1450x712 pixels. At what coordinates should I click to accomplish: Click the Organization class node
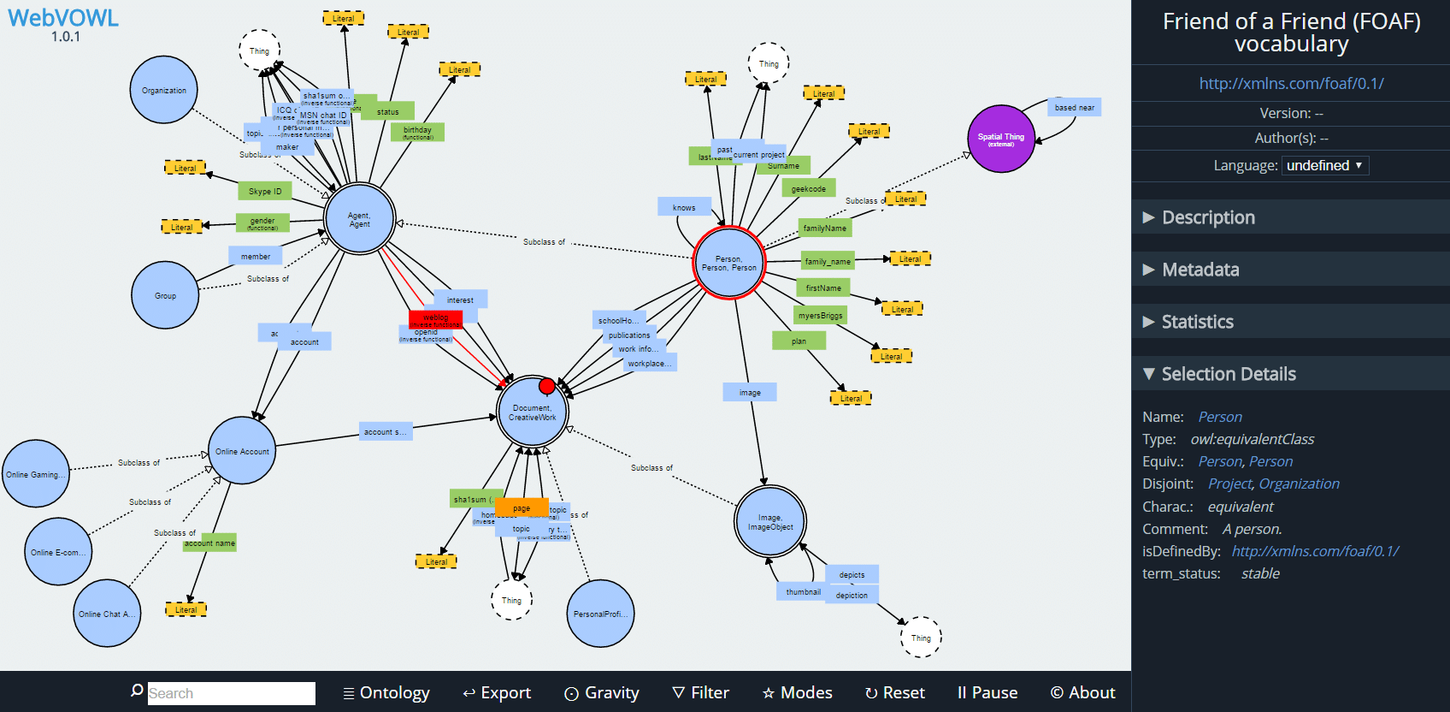[163, 90]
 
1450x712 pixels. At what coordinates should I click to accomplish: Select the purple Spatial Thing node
[1000, 139]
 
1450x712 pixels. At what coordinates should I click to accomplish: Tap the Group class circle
[165, 295]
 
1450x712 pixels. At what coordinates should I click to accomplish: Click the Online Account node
[242, 451]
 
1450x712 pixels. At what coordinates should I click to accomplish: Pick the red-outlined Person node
[729, 263]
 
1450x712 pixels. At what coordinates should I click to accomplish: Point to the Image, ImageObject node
[770, 522]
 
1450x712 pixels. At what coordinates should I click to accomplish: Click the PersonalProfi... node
[600, 614]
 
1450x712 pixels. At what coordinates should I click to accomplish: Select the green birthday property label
[417, 132]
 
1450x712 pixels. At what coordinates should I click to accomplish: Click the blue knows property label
[684, 207]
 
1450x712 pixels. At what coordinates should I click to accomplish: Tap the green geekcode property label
[808, 189]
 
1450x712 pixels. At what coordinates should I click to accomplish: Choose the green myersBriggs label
[820, 316]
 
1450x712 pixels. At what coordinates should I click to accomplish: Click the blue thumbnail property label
[803, 592]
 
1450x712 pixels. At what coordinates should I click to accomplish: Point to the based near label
[1074, 108]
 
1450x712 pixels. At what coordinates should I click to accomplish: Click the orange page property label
[522, 508]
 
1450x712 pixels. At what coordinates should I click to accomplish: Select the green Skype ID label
[265, 192]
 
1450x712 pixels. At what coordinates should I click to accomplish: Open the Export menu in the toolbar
[497, 692]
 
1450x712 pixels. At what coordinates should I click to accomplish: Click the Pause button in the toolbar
[987, 692]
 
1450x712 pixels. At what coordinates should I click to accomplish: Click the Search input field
[231, 693]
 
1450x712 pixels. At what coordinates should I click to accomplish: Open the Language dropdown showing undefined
[1324, 165]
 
